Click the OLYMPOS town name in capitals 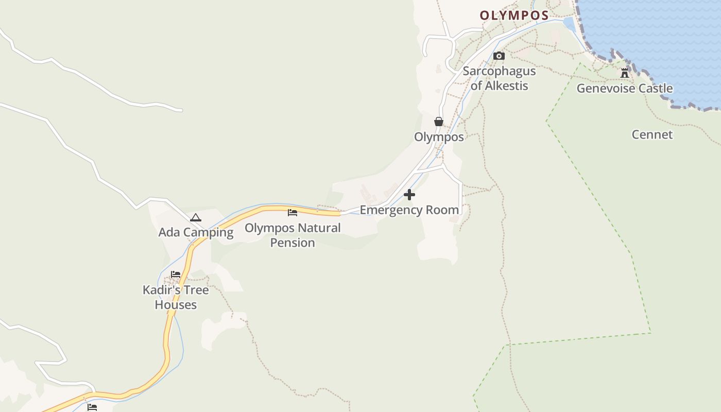[x=514, y=15]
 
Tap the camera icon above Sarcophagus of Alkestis [x=499, y=56]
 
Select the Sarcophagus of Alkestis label [x=499, y=78]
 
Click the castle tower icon [x=625, y=73]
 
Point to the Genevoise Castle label [x=624, y=89]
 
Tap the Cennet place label [x=652, y=135]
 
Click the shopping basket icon [x=438, y=122]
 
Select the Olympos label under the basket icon [x=439, y=137]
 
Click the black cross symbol [x=409, y=195]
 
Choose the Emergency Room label [x=409, y=210]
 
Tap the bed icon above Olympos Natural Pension [x=293, y=212]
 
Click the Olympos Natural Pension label [x=293, y=235]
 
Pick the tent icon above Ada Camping [x=195, y=217]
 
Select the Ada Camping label [x=196, y=232]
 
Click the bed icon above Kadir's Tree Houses [x=176, y=274]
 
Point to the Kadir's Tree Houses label [x=176, y=297]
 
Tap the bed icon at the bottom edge [x=92, y=407]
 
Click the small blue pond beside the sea [x=569, y=24]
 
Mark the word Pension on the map [x=293, y=243]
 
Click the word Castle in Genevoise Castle [x=655, y=89]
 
